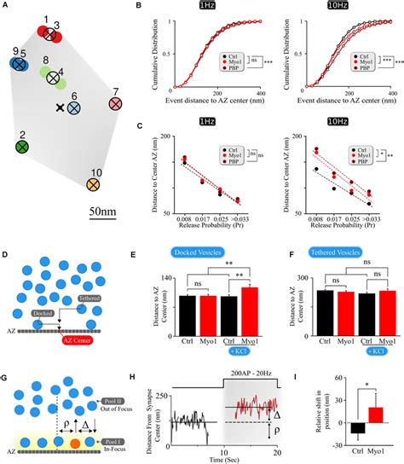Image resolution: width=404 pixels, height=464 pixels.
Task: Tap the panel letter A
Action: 6,6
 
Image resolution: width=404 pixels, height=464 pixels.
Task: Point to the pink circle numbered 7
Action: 118,104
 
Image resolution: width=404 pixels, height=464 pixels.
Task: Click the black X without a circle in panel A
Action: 60,108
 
